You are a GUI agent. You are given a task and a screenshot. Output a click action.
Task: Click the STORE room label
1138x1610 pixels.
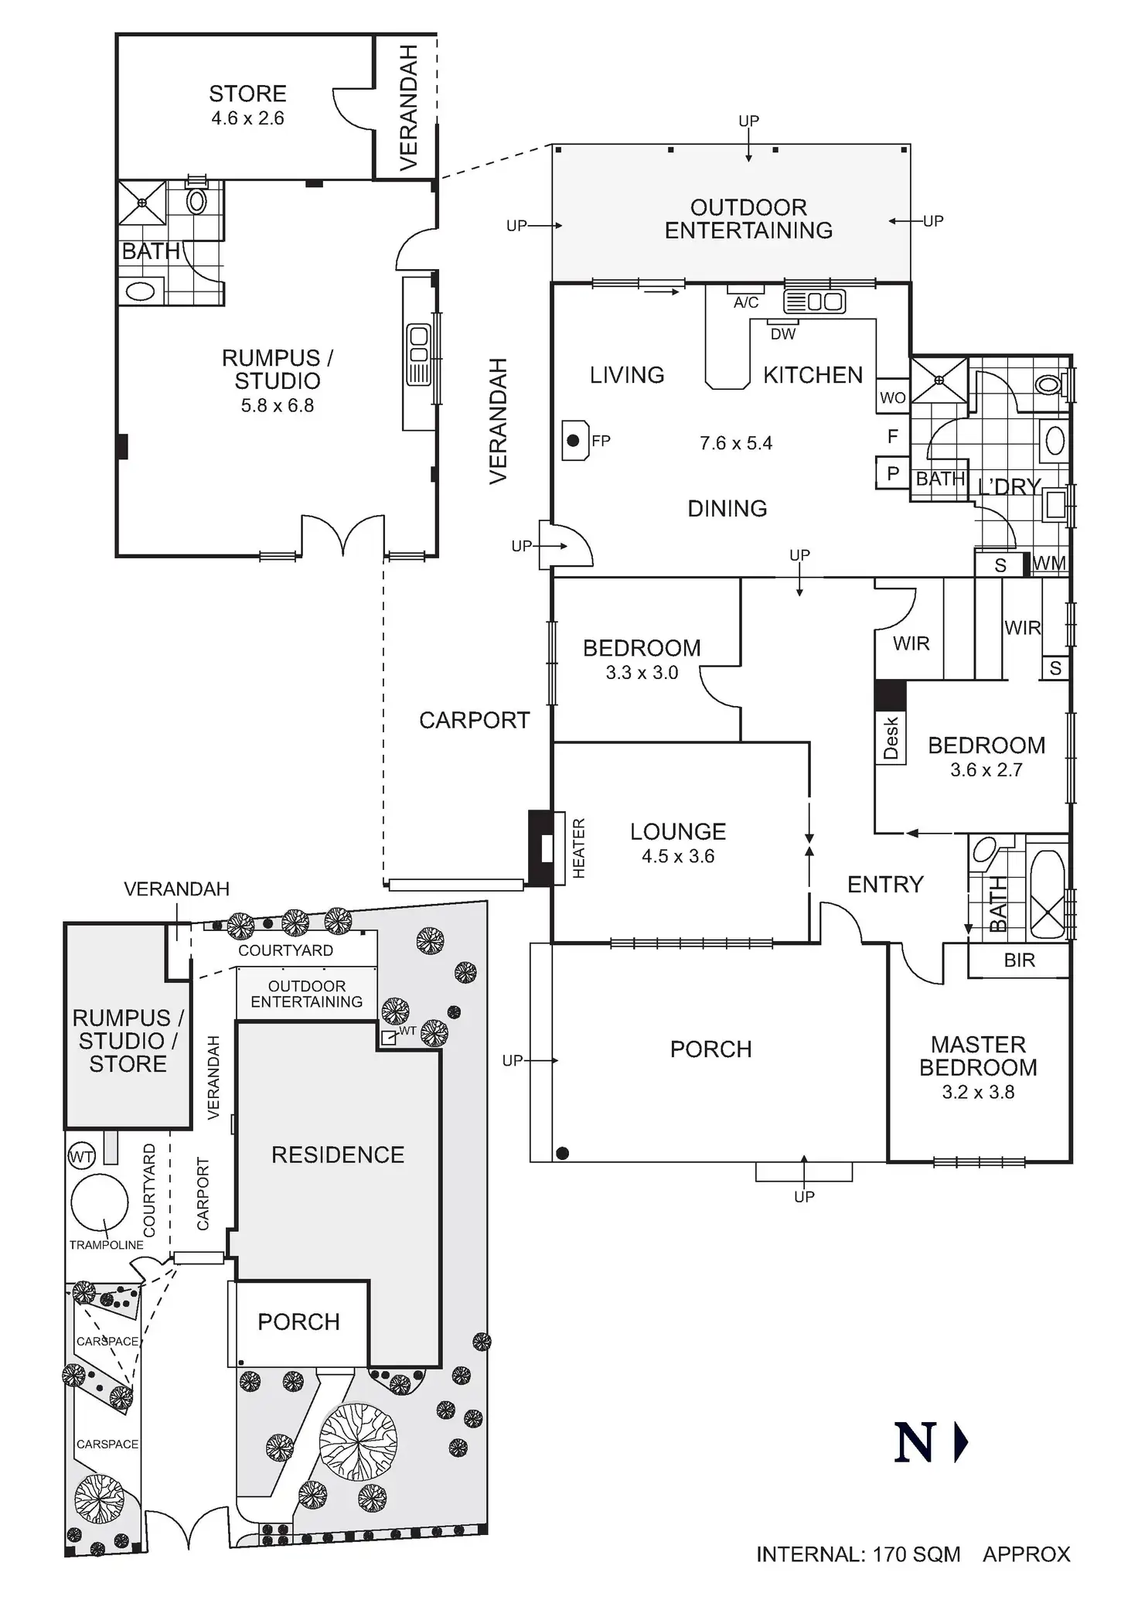point(247,94)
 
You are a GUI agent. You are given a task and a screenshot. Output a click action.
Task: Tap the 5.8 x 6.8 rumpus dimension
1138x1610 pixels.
point(277,406)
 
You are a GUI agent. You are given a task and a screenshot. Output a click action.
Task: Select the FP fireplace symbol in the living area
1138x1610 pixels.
point(574,441)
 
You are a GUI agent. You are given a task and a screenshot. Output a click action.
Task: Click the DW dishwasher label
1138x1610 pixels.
point(783,334)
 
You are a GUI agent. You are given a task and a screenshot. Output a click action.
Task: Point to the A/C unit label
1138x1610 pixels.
point(746,303)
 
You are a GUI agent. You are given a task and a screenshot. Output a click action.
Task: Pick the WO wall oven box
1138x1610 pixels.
point(892,397)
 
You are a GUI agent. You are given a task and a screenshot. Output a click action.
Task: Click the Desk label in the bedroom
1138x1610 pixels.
point(891,738)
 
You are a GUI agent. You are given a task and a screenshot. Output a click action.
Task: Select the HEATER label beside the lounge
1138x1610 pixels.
point(578,848)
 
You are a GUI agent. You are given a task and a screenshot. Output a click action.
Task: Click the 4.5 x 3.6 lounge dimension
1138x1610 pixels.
point(678,856)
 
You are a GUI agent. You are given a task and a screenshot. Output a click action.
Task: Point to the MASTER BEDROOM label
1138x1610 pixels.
point(978,1056)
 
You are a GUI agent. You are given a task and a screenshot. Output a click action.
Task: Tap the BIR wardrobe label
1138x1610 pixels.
point(1019,960)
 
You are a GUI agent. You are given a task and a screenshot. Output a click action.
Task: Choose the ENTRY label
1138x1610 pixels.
point(885,885)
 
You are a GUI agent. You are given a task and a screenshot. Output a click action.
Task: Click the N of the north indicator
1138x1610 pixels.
point(915,1443)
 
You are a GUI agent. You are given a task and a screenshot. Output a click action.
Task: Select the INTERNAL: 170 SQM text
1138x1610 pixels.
point(858,1555)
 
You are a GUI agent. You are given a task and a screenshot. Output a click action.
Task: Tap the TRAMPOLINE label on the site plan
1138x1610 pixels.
point(107,1245)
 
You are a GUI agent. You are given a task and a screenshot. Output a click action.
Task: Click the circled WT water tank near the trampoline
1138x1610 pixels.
point(81,1157)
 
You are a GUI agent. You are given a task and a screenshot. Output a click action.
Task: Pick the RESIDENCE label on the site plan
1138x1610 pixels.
point(338,1155)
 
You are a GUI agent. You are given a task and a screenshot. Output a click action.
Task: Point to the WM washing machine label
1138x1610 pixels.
point(1049,564)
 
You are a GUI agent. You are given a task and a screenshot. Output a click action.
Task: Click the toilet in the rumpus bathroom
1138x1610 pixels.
point(196,200)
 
